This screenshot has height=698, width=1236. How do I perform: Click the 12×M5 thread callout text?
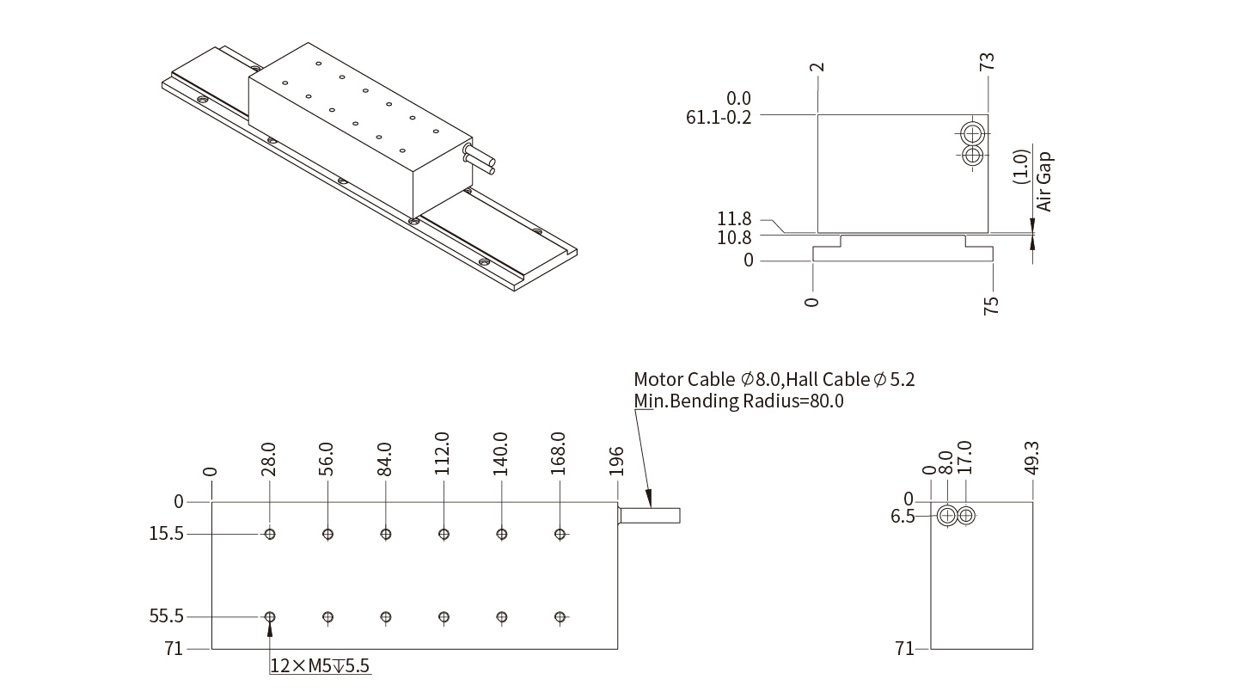(x=321, y=665)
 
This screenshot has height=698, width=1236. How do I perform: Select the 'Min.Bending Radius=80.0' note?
(x=738, y=401)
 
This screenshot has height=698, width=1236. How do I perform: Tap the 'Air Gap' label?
(x=1044, y=181)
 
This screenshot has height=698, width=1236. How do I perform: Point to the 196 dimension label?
(x=616, y=461)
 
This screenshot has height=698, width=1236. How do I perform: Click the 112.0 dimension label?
(x=443, y=453)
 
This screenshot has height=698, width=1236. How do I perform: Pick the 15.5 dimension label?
(x=167, y=534)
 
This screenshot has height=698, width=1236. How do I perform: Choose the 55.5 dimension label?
(x=167, y=616)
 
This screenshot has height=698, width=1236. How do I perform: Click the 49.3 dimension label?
(x=1032, y=457)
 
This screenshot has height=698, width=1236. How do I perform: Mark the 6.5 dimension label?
(x=903, y=516)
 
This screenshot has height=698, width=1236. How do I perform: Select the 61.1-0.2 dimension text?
(x=719, y=117)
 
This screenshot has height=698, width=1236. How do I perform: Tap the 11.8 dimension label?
(x=735, y=219)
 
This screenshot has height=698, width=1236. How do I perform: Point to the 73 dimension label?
(x=988, y=62)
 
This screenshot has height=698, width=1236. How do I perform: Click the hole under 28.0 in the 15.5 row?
(x=270, y=534)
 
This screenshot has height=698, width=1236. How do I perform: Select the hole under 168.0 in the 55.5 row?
(x=560, y=616)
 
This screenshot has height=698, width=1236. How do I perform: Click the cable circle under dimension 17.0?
(x=967, y=516)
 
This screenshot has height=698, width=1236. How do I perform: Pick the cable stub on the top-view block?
(x=649, y=516)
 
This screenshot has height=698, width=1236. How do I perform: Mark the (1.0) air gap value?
(x=1021, y=166)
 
